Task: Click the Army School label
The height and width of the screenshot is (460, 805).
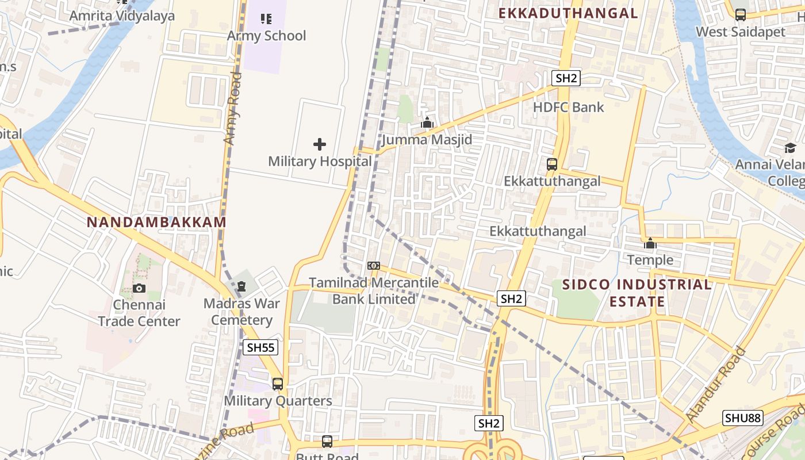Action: pyautogui.click(x=266, y=36)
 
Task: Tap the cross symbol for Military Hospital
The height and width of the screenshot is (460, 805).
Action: pyautogui.click(x=320, y=144)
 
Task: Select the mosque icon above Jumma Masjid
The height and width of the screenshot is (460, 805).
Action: pyautogui.click(x=427, y=122)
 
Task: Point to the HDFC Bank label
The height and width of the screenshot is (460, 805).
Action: pyautogui.click(x=569, y=107)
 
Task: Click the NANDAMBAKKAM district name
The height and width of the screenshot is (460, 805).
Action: pyautogui.click(x=156, y=222)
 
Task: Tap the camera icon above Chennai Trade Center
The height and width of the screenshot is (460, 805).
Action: pyautogui.click(x=139, y=288)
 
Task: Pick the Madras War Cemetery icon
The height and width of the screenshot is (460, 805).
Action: pyautogui.click(x=241, y=286)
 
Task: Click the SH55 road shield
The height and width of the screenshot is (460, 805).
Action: pyautogui.click(x=260, y=347)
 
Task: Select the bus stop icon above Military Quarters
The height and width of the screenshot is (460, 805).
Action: pyautogui.click(x=278, y=384)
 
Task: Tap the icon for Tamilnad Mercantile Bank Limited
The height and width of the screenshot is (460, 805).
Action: pyautogui.click(x=374, y=266)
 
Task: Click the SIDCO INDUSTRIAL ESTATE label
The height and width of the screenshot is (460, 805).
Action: pyautogui.click(x=637, y=293)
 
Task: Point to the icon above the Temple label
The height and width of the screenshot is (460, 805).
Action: pyautogui.click(x=650, y=243)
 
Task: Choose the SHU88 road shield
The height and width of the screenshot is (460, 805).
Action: pyautogui.click(x=743, y=417)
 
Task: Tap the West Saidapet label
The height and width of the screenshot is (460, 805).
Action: pyautogui.click(x=741, y=32)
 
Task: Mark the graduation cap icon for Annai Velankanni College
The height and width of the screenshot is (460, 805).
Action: pyautogui.click(x=790, y=148)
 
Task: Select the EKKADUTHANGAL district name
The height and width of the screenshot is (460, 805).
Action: pyautogui.click(x=568, y=13)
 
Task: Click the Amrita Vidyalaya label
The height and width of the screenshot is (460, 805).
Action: pyautogui.click(x=122, y=16)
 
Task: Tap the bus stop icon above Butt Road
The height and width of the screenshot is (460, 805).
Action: pyautogui.click(x=327, y=441)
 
